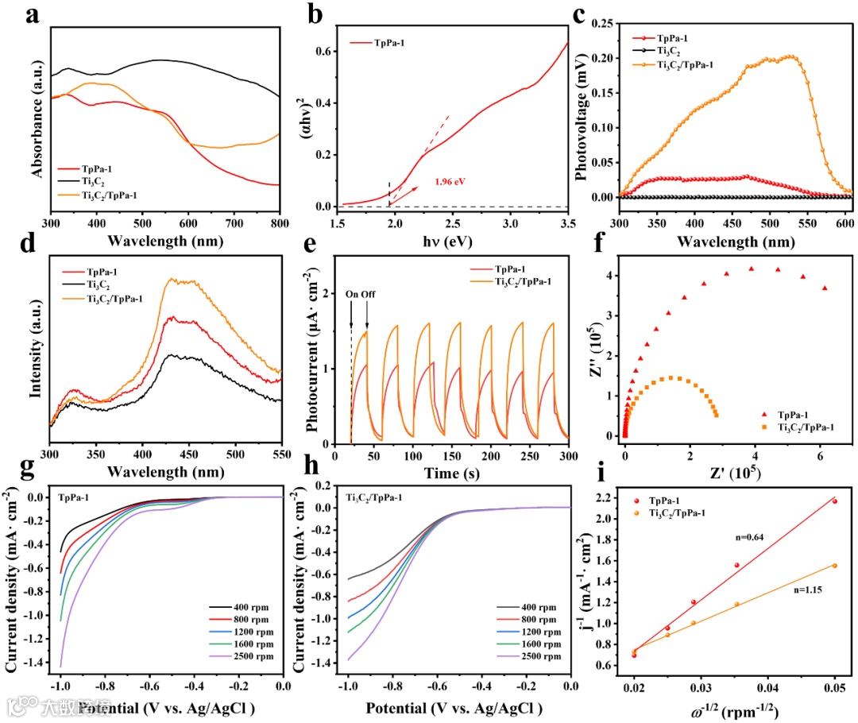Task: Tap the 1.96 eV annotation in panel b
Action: (x=449, y=181)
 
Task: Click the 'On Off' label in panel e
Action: (x=358, y=294)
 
